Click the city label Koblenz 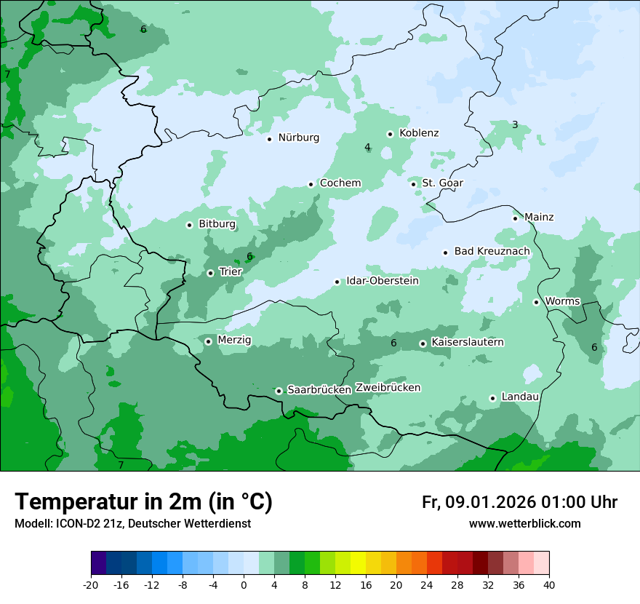pos(419,133)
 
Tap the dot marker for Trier pos(210,273)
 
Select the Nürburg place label pos(298,138)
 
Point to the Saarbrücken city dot pos(279,391)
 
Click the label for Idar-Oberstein pos(382,281)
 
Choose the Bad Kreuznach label pos(492,251)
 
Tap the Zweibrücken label pos(388,388)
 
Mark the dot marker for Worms pos(536,302)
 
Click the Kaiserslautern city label pos(467,342)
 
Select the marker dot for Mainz pos(515,218)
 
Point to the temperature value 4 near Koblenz pos(367,148)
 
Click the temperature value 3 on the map pos(515,125)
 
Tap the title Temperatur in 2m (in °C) pos(143,502)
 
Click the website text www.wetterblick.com pos(524,524)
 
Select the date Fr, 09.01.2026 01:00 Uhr pos(519,502)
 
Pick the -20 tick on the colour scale pos(91,585)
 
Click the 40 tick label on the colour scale pos(549,585)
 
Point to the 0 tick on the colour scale pos(244,585)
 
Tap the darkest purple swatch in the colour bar pos(98,563)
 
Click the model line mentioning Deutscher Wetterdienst pos(132,524)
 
